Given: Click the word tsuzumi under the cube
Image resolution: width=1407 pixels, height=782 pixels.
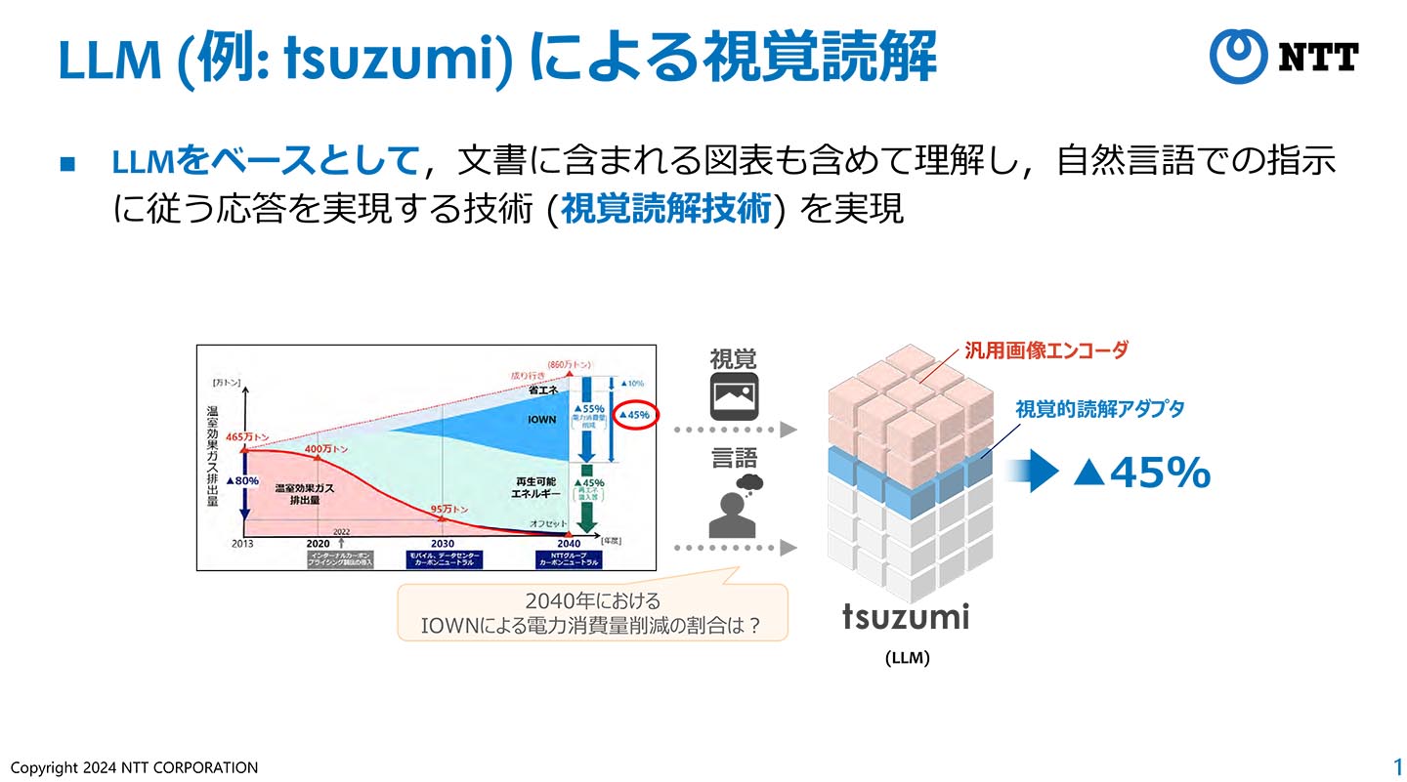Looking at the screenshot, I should [906, 617].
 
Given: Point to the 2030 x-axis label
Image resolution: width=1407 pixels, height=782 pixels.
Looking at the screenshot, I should [442, 544].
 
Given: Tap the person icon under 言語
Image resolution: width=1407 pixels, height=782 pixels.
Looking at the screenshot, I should [734, 508].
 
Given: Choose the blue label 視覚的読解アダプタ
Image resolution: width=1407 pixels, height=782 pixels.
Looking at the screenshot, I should [1099, 409].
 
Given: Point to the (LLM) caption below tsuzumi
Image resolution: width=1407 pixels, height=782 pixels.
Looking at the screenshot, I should [907, 658].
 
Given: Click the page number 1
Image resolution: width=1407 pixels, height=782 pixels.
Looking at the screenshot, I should [1397, 765].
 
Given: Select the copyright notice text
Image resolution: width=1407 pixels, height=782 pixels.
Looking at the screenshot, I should [134, 767].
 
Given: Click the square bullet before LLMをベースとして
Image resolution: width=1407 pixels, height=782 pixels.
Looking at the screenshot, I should [66, 163].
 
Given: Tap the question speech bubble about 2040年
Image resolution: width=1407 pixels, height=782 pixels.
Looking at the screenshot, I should [592, 612].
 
